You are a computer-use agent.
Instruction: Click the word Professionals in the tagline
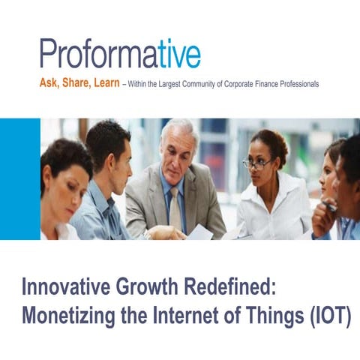pyautogui.click(x=300, y=85)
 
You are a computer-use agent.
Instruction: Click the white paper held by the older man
pyautogui.click(x=201, y=232)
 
